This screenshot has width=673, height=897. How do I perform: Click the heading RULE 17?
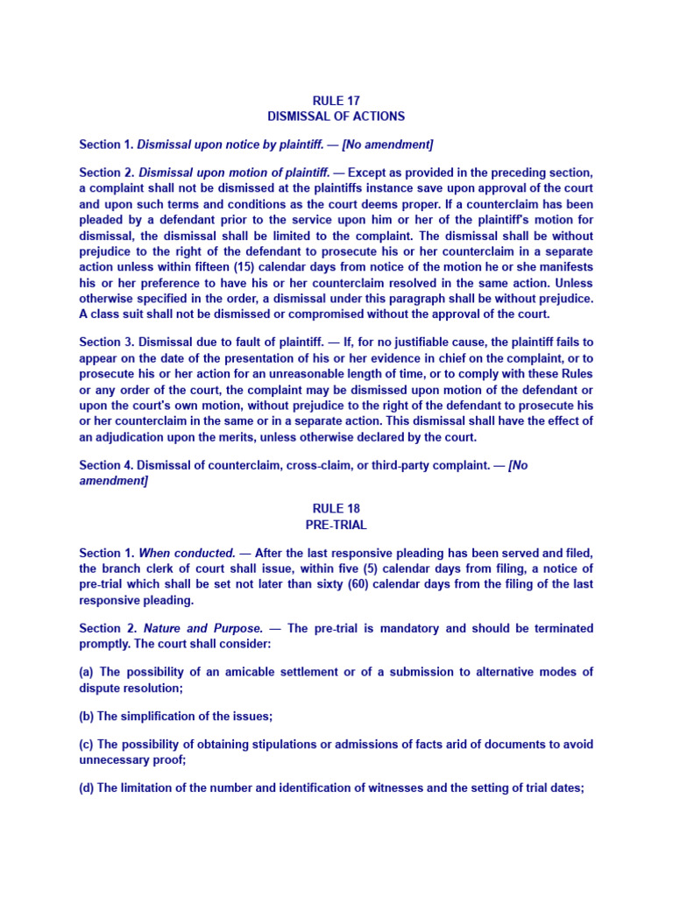[336, 101]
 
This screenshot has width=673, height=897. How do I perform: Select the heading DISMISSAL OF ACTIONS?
[336, 116]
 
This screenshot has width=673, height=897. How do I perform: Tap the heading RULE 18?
[336, 509]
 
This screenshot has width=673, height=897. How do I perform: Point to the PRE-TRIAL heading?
[336, 525]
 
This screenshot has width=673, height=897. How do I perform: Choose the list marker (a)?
[87, 672]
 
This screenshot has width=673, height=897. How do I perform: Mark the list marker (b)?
[87, 717]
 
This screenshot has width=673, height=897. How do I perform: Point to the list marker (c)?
[87, 745]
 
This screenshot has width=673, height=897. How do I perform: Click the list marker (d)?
[87, 788]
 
